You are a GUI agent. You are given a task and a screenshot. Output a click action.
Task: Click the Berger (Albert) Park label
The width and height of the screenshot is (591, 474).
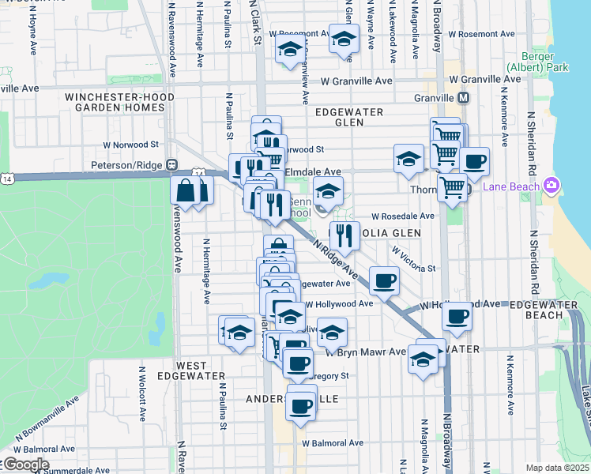[544, 62]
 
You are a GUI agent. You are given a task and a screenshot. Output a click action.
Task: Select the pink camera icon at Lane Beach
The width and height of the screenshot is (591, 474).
[551, 186]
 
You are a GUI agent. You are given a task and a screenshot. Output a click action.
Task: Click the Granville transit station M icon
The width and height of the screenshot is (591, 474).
[464, 98]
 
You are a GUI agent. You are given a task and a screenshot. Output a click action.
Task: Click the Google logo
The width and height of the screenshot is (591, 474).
[25, 464]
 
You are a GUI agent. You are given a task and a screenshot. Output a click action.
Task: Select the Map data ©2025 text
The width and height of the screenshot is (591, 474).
[557, 468]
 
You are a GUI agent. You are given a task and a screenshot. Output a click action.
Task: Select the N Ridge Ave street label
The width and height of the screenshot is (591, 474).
[330, 258]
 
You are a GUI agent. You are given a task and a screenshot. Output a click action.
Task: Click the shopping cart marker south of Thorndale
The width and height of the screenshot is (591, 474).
[452, 188]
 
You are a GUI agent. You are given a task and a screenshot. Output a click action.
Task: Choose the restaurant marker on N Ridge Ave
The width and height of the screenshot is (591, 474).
[344, 235]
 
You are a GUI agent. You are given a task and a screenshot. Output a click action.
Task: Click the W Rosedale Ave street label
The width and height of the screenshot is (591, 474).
[403, 216]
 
